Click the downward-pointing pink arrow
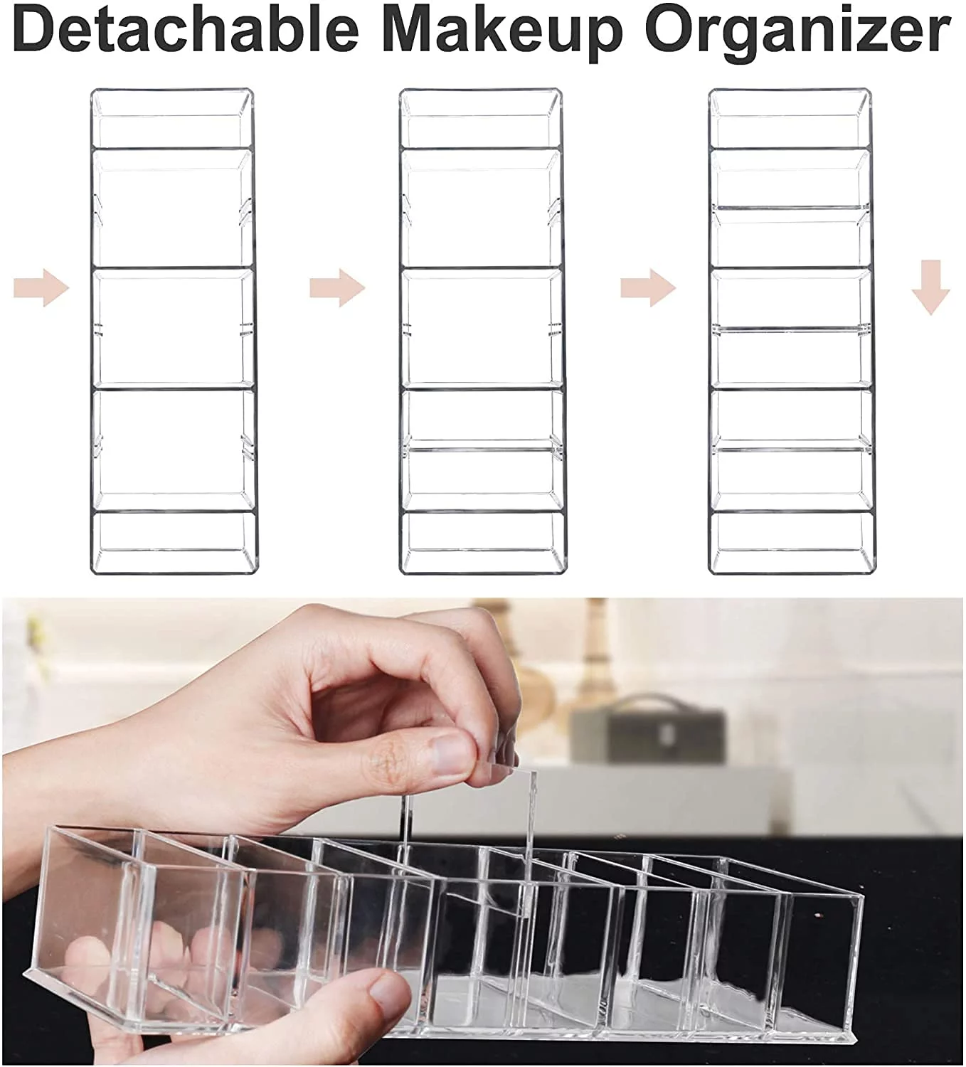[x=930, y=287]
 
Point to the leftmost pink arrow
[x=41, y=288]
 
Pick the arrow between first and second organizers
[x=338, y=288]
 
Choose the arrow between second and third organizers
[x=649, y=288]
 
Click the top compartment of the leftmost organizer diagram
[x=172, y=118]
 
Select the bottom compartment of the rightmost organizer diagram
[x=790, y=543]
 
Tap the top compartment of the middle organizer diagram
[x=481, y=118]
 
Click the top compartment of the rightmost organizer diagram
[x=790, y=118]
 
